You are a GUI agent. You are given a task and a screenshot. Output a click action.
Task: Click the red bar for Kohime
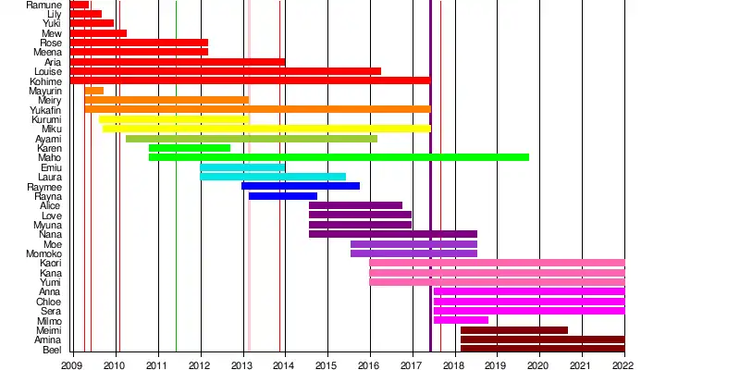click(x=250, y=80)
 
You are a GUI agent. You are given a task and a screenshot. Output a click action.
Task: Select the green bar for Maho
click(x=339, y=157)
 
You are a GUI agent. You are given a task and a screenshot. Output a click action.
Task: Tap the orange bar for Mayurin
click(x=93, y=91)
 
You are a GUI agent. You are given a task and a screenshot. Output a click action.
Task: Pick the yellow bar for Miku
click(x=266, y=129)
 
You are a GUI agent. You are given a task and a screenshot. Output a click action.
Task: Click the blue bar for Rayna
click(x=283, y=196)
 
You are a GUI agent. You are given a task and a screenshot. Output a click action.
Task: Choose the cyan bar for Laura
click(x=273, y=177)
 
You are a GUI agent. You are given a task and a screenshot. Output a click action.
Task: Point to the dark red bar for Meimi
click(x=513, y=330)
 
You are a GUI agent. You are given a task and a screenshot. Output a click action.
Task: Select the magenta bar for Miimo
click(x=461, y=320)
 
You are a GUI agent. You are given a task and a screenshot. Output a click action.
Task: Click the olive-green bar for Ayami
click(x=252, y=139)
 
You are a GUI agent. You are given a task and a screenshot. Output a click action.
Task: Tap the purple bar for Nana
click(x=393, y=234)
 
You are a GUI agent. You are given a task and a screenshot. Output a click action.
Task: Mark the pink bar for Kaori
click(x=497, y=263)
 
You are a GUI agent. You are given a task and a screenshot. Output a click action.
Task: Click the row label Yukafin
click(x=46, y=110)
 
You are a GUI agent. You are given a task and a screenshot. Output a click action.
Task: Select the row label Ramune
click(x=44, y=5)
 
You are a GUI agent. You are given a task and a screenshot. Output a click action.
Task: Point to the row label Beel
click(x=53, y=350)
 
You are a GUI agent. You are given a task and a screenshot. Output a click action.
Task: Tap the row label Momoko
click(x=44, y=253)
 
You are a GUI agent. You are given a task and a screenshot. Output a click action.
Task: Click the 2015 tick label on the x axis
click(x=327, y=364)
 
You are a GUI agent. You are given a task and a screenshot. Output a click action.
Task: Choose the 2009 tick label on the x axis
click(x=72, y=364)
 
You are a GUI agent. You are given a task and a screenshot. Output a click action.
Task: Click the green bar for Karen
click(x=190, y=148)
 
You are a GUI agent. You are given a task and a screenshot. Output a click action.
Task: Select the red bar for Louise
click(x=226, y=71)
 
